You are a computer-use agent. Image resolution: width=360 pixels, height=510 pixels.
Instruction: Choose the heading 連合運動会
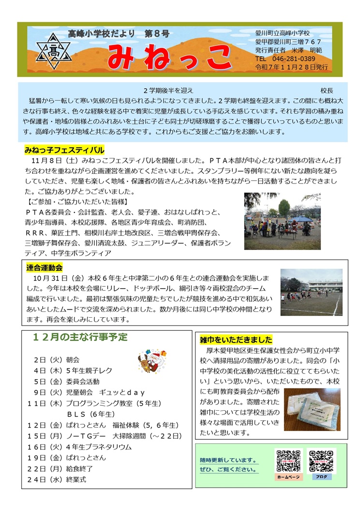pyautogui.click(x=44, y=267)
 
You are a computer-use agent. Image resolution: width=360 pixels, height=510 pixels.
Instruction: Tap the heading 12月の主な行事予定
pyautogui.click(x=80, y=337)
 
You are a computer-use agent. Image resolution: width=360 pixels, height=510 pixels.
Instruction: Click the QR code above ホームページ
pyautogui.click(x=289, y=461)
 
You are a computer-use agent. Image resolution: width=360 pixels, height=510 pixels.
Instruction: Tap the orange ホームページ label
pyautogui.click(x=289, y=477)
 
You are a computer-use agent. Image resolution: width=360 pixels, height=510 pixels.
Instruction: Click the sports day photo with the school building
pyautogui.click(x=311, y=292)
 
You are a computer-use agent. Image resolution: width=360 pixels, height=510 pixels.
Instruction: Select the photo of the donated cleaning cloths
pyautogui.click(x=312, y=409)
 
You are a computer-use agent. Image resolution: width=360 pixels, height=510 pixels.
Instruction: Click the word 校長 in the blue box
pyautogui.click(x=327, y=91)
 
